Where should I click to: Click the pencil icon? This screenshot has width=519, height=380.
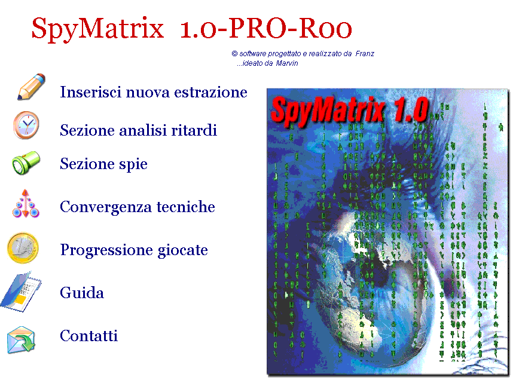(31, 87)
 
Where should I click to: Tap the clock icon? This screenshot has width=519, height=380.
(26, 125)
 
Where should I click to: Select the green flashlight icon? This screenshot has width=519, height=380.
(26, 163)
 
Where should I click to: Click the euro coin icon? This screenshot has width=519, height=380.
(23, 248)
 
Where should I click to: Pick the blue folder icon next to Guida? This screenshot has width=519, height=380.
(20, 292)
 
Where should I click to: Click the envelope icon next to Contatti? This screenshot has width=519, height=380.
(21, 339)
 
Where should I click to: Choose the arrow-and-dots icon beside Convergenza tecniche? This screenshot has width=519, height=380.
(26, 204)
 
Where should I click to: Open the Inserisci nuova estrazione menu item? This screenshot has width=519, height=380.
(154, 92)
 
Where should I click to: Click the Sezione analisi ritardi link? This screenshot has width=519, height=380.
(138, 130)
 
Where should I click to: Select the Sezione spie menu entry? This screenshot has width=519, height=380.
(103, 164)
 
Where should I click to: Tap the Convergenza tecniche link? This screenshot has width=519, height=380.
(138, 207)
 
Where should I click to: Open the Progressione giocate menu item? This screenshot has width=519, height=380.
(134, 250)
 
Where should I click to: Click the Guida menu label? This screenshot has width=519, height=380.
(82, 293)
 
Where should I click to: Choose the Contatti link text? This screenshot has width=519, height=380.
(88, 336)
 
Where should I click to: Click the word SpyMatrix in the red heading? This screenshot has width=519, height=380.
(97, 29)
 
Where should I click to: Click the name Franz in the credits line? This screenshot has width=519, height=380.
(365, 54)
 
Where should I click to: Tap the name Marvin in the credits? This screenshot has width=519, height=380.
(287, 63)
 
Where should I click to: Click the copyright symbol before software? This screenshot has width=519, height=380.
(234, 54)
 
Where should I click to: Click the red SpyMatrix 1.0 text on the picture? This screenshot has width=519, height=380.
(350, 110)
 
